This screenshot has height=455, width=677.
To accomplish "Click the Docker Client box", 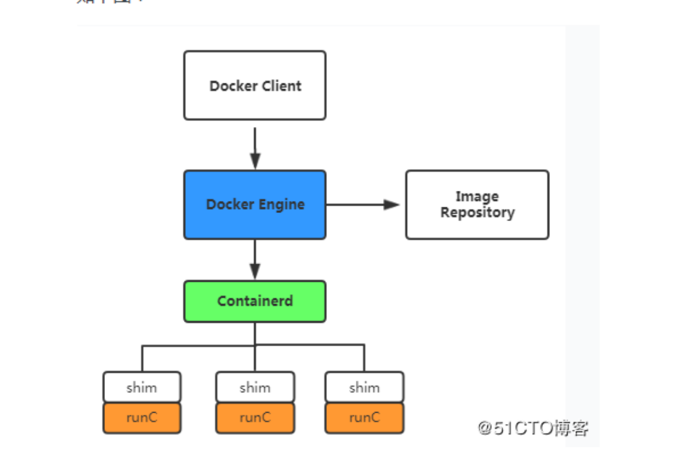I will point(255,85).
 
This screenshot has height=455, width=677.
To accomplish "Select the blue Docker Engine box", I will point(255,205).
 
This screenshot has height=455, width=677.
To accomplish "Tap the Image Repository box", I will point(477,205).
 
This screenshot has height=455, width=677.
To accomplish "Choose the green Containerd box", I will point(255,301).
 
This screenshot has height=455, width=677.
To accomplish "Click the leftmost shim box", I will point(142,387).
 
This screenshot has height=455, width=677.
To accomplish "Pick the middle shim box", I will point(255,387).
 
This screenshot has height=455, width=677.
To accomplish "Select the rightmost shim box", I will point(364,387).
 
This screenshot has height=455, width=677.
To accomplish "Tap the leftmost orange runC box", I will point(142,418).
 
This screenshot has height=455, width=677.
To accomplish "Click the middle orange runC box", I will point(255,418).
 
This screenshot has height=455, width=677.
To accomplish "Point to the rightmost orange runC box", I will point(364,418).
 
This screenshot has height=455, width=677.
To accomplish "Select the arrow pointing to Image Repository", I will point(363,205).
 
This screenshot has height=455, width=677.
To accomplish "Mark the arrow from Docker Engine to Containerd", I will point(255,259).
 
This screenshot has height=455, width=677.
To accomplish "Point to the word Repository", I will point(477,213).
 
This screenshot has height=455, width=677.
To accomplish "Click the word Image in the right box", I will point(477,197).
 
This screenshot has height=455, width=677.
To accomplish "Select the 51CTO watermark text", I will point(533,428).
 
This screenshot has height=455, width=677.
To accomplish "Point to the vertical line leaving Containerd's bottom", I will point(255,334).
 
